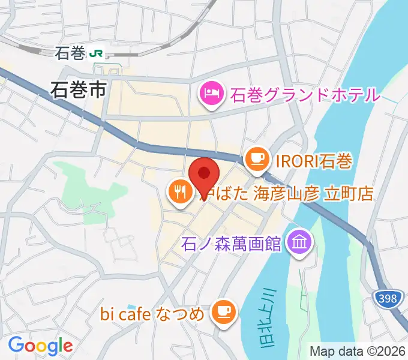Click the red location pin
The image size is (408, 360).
pyautogui.click(x=204, y=176)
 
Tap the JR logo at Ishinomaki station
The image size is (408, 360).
pyautogui.click(x=95, y=53)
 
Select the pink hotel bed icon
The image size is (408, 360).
pyautogui.click(x=211, y=93)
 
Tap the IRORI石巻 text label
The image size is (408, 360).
pyautogui.click(x=313, y=160)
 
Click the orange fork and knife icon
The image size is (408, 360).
pyautogui.click(x=180, y=193)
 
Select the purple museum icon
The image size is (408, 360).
pyautogui.click(x=297, y=242)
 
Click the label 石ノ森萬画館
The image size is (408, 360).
pyautogui.click(x=231, y=244)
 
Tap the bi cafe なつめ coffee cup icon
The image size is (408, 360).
pyautogui.click(x=224, y=311)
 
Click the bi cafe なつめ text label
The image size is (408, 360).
pyautogui.click(x=152, y=313)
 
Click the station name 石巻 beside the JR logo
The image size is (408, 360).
pyautogui.click(x=70, y=53)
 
